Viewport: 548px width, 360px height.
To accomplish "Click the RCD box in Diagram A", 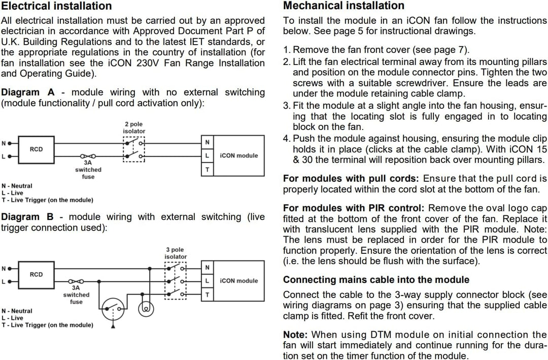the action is [x=37, y=150].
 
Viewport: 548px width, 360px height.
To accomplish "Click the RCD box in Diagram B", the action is [x=37, y=275].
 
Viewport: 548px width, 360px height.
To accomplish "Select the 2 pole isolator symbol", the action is [x=134, y=149].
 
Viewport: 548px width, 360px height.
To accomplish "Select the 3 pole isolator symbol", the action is [x=176, y=281].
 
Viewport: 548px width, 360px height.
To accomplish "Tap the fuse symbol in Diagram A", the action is [x=88, y=156].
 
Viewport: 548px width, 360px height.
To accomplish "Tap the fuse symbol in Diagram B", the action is [x=76, y=281].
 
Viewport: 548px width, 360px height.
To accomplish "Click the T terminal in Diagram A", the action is [x=207, y=170].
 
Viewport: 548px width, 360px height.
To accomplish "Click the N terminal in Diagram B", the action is [x=207, y=268].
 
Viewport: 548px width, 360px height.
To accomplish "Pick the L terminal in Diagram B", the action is [x=207, y=281].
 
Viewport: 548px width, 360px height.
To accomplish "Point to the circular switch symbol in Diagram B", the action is [x=113, y=309].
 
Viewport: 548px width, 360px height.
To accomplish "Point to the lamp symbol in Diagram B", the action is [x=146, y=309].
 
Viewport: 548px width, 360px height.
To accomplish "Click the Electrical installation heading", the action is [x=56, y=6].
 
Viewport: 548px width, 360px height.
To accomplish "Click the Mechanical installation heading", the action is [x=344, y=6].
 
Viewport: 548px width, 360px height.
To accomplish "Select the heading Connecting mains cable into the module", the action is [x=376, y=280].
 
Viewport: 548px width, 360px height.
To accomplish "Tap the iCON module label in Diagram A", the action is [x=239, y=156].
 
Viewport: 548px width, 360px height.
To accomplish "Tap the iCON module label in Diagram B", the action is [x=239, y=281].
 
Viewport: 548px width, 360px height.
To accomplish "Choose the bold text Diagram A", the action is [x=28, y=92].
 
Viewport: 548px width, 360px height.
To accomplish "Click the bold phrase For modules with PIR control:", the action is [x=354, y=208].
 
